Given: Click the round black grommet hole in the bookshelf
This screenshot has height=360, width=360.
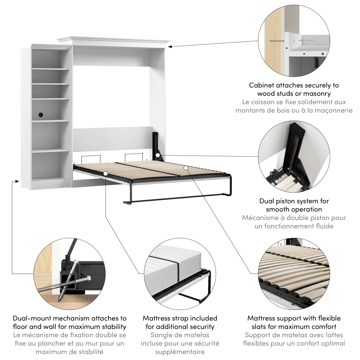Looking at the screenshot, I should tap(41, 115).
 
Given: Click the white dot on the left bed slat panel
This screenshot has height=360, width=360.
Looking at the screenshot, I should tap(105, 174).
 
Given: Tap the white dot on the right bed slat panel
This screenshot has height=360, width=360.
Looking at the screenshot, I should tap(185, 167).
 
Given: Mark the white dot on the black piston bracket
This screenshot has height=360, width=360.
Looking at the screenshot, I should tap(158, 155).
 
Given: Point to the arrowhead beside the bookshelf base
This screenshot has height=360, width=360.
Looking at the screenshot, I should tap(16, 181).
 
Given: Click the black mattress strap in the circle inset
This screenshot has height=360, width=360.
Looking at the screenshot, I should tap(177, 269).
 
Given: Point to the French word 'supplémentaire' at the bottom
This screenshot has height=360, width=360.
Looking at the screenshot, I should tap(180, 351).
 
